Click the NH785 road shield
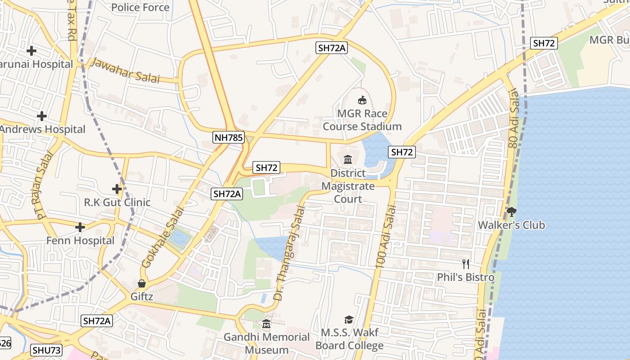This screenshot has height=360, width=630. coord(229,137)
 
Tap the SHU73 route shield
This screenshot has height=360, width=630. coord(47,350)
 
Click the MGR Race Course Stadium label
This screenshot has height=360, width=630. coord(362,120)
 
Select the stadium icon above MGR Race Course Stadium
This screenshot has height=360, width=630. coord(362,100)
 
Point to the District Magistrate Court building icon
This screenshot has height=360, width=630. coord(348,159)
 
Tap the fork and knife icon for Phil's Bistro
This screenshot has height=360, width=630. coord(466,264)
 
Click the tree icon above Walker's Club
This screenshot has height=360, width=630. coord(511,211)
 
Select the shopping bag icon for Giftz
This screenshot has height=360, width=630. coord(142,283)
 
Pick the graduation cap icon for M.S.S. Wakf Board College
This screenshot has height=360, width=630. coord(349,319)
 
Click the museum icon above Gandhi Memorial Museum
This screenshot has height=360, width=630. coord(266,324)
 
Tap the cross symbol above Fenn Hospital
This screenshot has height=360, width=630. coord(80,227)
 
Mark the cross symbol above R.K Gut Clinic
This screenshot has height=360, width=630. coord(117,189)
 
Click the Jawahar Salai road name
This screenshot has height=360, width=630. coord(125,70)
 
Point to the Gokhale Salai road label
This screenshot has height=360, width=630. coord(163,237)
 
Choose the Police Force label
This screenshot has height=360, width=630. coord(140,7)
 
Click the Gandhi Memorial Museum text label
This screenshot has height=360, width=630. coord(267,343)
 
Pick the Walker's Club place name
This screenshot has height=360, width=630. coord(511,225)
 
